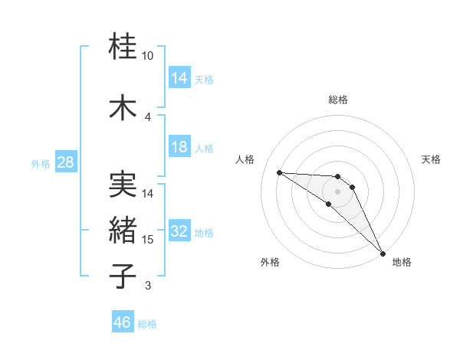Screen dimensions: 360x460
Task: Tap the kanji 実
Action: click(x=123, y=184)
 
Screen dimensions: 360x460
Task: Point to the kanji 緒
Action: click(x=123, y=230)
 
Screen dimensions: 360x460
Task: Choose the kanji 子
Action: click(x=123, y=276)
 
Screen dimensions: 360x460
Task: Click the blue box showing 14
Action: click(x=179, y=78)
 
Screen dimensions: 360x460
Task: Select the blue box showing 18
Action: click(x=179, y=147)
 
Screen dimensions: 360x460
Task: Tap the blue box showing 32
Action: click(x=179, y=232)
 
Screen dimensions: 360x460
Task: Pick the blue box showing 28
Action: click(x=64, y=162)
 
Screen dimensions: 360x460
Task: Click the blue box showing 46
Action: click(x=123, y=322)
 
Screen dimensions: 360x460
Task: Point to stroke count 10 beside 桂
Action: click(x=148, y=56)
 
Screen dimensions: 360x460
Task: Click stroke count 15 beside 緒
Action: click(x=148, y=240)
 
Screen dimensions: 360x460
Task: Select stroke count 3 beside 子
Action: click(x=148, y=286)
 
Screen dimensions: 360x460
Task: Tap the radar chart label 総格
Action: click(x=338, y=100)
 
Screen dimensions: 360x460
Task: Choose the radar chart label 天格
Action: click(x=431, y=159)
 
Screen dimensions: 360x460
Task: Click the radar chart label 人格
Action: click(x=245, y=159)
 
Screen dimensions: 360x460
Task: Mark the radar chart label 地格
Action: click(x=402, y=262)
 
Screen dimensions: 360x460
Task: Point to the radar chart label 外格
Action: click(x=270, y=262)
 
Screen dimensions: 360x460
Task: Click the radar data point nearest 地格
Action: click(x=382, y=252)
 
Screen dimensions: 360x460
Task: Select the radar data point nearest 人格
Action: click(x=279, y=172)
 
